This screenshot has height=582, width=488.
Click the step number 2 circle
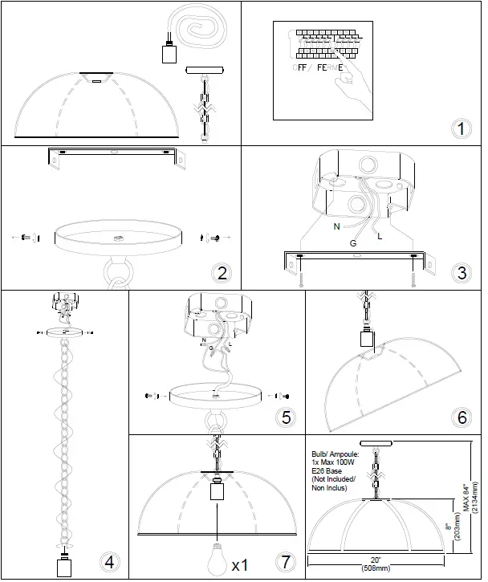[x=221, y=272]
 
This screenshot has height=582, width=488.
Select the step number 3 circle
[x=461, y=272]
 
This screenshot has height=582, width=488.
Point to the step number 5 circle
[x=283, y=417]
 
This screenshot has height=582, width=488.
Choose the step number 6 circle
[x=462, y=417]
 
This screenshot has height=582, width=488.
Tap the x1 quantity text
[x=239, y=566]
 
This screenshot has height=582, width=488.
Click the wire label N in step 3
[x=336, y=227]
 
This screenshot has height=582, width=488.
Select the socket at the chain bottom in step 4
[x=63, y=564]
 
